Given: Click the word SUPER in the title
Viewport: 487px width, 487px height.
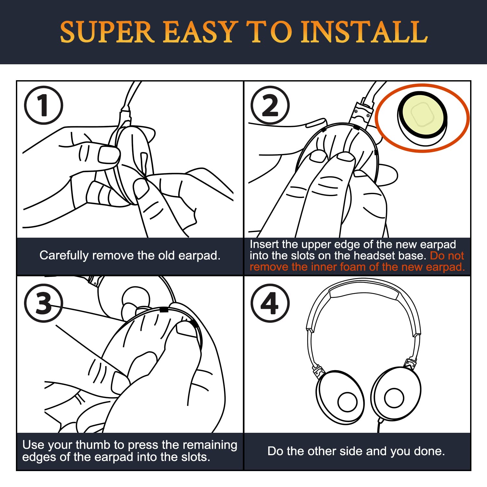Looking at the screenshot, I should tap(107, 32).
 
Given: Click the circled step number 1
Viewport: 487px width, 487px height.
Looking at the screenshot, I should tap(43, 105).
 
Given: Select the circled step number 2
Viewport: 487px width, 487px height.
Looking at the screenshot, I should tap(270, 105).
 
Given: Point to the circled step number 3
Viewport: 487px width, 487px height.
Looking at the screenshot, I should tap(43, 303).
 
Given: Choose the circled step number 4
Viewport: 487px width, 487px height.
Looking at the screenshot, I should tap(270, 303).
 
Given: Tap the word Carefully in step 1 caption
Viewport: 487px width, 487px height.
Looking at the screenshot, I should tap(64, 256).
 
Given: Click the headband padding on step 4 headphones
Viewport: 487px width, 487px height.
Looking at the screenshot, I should tap(364, 292).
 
